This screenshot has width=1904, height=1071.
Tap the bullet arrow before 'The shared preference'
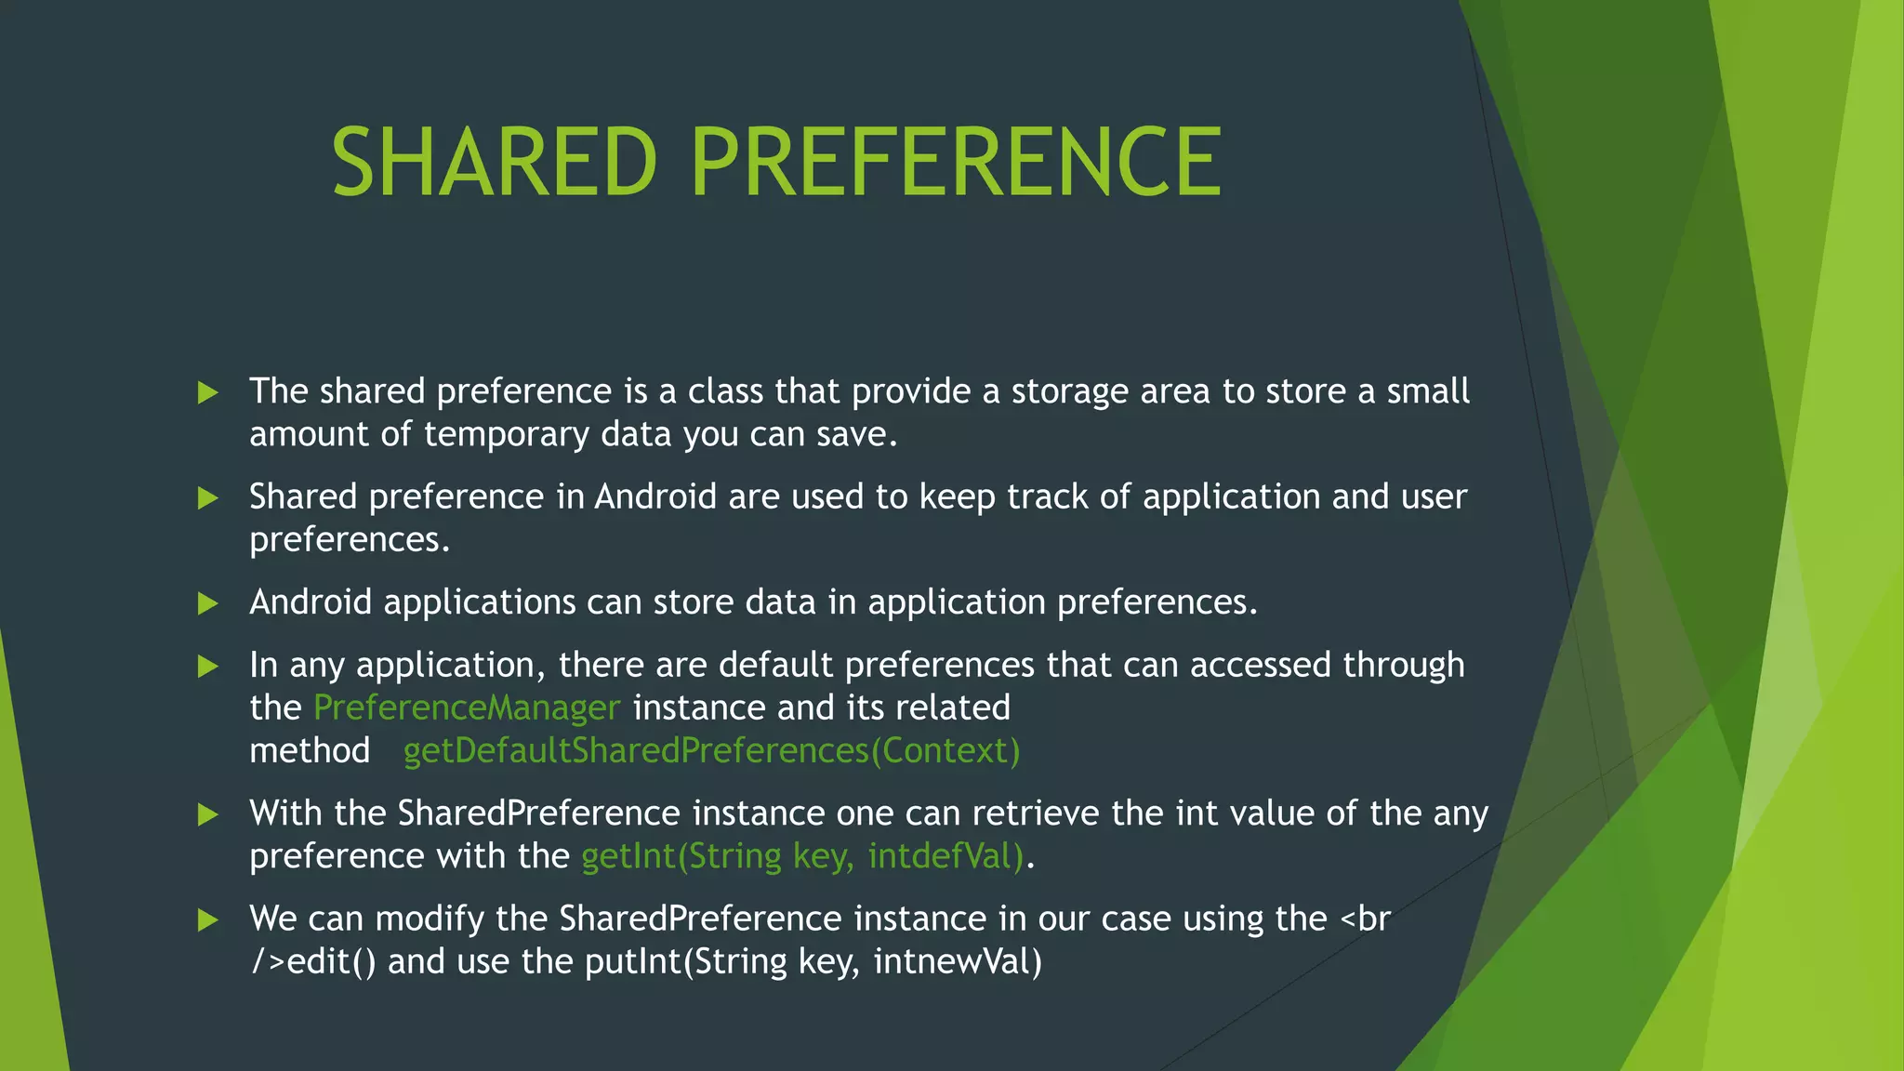click(208, 392)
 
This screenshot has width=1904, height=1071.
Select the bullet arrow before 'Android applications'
click(208, 604)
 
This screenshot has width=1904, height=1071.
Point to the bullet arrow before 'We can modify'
click(208, 920)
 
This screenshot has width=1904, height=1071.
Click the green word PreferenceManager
click(467, 708)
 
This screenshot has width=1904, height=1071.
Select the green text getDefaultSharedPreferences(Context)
click(711, 751)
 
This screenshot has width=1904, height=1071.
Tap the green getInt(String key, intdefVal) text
click(802, 856)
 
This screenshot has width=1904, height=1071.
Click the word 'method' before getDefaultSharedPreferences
click(310, 751)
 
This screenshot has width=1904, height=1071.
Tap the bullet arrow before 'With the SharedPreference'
click(208, 815)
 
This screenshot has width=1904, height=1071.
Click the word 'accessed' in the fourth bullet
click(1261, 666)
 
